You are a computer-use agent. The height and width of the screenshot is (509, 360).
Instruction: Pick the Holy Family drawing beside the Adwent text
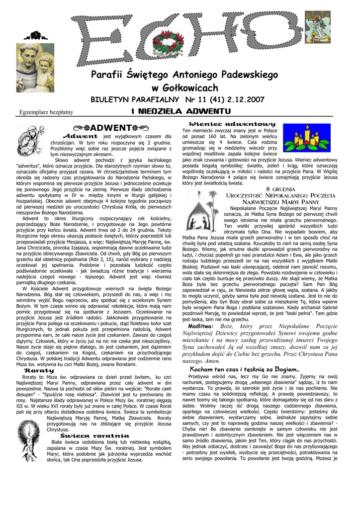tap(31, 142)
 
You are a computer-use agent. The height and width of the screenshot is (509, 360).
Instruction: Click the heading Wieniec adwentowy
tap(232, 123)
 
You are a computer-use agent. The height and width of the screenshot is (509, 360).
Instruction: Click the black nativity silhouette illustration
tap(202, 214)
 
